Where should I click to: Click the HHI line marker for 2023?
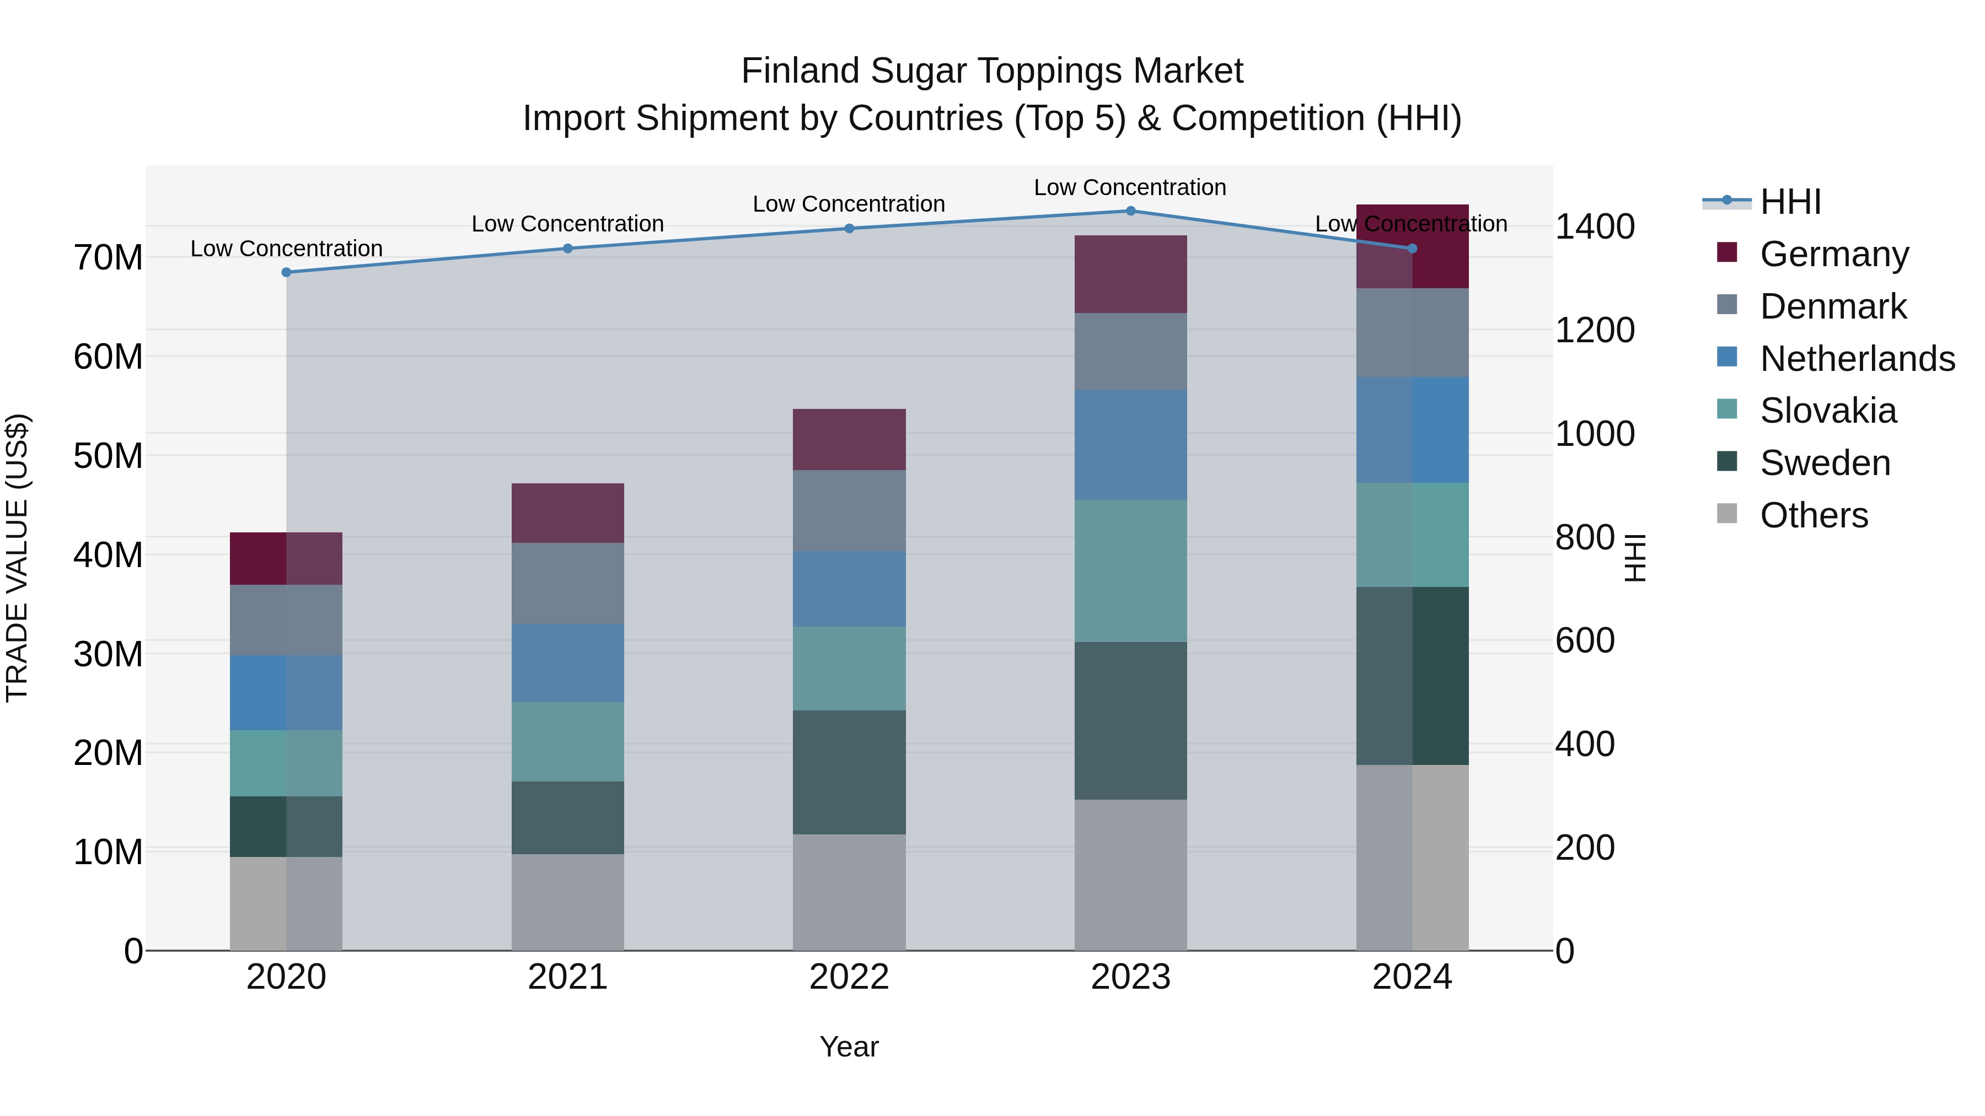pos(1130,211)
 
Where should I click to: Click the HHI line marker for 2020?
pos(287,272)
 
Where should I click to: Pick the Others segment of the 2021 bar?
pos(568,901)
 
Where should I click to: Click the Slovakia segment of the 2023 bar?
pos(1130,571)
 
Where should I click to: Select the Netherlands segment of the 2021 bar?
pos(568,662)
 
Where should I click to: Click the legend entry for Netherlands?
pos(1857,358)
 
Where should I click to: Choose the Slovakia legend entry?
pos(1828,411)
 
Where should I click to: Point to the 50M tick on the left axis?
pos(108,456)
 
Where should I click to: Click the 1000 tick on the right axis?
pos(1594,434)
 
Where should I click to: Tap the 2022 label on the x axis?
pos(849,977)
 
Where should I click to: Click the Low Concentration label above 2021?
pos(568,224)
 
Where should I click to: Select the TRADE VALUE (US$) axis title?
pos(18,558)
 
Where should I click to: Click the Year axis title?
pos(849,1047)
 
